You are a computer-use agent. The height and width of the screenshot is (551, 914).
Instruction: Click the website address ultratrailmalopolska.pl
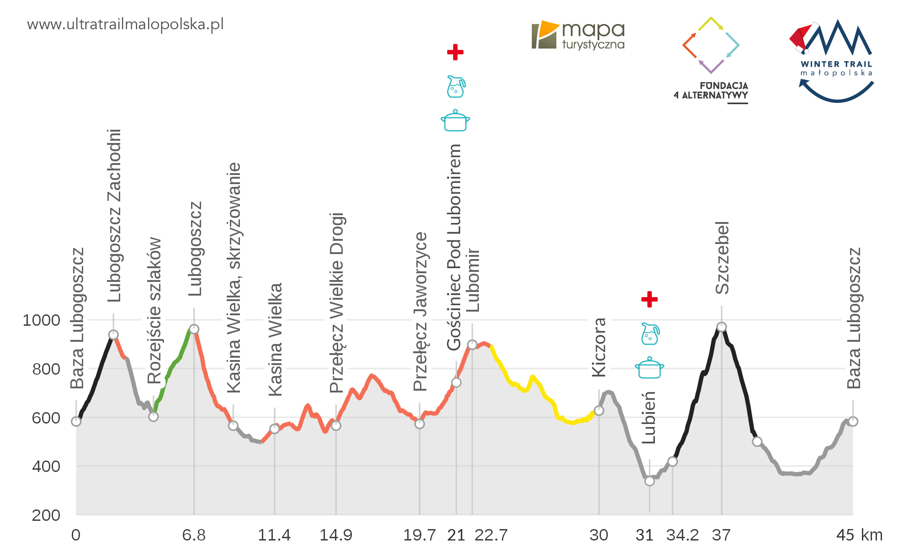(x=125, y=24)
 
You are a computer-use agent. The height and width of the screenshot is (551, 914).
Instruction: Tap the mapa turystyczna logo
(x=578, y=35)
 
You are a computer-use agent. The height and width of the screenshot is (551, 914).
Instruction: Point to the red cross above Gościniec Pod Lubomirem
(x=455, y=52)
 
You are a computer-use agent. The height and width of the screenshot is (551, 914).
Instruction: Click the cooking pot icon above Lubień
(x=649, y=368)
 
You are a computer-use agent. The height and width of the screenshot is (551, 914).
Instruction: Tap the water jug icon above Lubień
(x=650, y=334)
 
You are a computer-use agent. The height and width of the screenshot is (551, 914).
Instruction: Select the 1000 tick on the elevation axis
(x=42, y=320)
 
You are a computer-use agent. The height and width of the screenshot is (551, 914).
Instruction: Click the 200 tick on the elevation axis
(x=46, y=515)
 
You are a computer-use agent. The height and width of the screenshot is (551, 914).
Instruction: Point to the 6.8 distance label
(x=194, y=535)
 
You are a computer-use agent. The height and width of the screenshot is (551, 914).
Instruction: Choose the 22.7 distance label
(x=491, y=535)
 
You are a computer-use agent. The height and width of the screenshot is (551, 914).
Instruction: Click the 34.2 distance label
(x=682, y=535)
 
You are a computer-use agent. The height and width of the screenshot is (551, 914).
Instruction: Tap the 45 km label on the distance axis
(x=859, y=535)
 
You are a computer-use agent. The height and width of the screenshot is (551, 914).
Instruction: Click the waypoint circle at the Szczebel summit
(x=722, y=327)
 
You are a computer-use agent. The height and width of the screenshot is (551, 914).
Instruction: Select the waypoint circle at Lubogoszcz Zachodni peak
(x=113, y=335)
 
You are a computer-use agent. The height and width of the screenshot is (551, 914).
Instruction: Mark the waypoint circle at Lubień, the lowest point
(x=649, y=481)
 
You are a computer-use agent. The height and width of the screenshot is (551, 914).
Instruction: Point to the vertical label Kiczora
(x=599, y=347)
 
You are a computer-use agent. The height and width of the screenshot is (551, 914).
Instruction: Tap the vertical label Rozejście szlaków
(x=154, y=311)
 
